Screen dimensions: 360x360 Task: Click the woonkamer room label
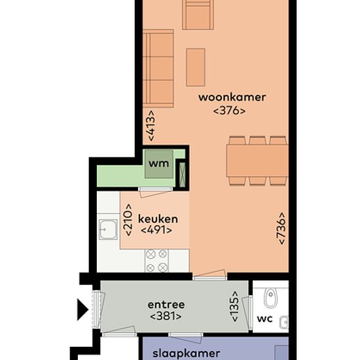pos(232,98)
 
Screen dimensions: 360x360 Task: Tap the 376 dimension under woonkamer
pos(229,111)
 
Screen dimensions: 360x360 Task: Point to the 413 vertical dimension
pos(151,126)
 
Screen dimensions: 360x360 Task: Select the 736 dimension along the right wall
pos(281,228)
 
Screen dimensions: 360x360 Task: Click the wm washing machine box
pos(159,164)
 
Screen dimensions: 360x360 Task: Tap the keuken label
pos(158,219)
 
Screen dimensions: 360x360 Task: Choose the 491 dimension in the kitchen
pos(156,230)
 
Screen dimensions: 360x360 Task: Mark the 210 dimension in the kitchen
pos(128,220)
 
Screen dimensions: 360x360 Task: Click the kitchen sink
pos(108,230)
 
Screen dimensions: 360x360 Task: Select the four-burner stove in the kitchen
pos(156,261)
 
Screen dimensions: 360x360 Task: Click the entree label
pos(166,304)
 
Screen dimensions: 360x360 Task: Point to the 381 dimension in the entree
pos(166,316)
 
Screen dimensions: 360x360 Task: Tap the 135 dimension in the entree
pos(234,306)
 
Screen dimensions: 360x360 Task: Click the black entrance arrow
pos(82,310)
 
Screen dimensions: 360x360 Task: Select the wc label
pos(264,319)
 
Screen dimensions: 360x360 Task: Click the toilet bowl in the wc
pos(271,298)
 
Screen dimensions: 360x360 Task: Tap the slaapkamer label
pos(186,353)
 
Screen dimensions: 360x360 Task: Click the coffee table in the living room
pos(196,67)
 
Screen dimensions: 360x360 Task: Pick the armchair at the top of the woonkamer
pos(198,14)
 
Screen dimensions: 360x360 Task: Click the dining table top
pos(257,161)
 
